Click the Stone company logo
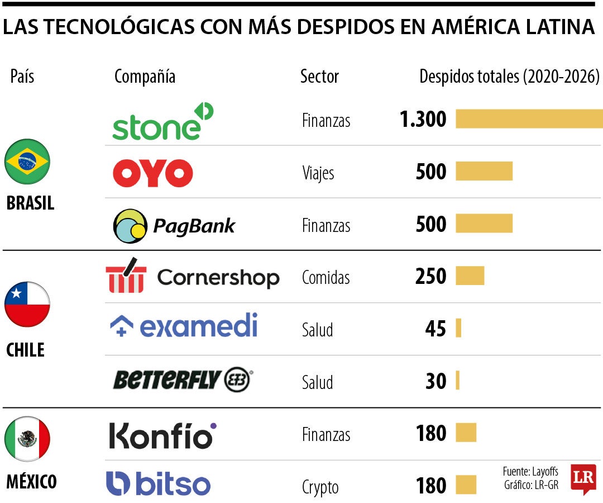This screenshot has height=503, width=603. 162,121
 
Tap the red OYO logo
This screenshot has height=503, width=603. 152,173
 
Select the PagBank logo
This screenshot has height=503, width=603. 174,226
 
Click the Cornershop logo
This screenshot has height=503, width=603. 192,276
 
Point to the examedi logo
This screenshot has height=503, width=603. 184,326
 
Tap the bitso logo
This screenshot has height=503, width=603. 158,484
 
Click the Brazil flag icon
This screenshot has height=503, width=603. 27,162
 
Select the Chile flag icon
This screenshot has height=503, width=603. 27,304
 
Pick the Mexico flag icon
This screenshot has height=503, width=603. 27,439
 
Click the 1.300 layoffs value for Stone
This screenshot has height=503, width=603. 423,120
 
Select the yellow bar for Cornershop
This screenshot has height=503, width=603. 470,276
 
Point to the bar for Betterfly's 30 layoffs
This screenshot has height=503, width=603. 457,380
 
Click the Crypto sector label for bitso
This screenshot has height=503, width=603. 320,487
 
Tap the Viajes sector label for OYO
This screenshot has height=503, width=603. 318,173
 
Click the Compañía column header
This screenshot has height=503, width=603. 145,77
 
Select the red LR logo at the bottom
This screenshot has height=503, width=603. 583,479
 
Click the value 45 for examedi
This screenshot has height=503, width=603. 435,329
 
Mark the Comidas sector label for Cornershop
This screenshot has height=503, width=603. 326,277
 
